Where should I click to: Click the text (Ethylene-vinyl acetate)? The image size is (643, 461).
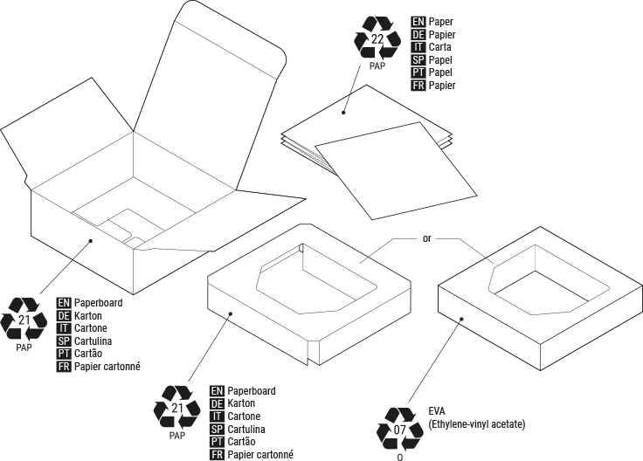click(x=476, y=423)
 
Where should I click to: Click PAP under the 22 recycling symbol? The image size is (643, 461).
click(x=377, y=65)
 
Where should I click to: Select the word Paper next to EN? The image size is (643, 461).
click(x=444, y=21)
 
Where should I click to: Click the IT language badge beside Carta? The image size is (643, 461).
click(x=418, y=47)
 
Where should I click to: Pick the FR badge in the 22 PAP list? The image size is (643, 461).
click(x=418, y=86)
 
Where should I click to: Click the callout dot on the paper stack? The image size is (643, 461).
click(x=344, y=112)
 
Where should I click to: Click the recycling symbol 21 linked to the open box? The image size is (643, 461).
click(x=24, y=320)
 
